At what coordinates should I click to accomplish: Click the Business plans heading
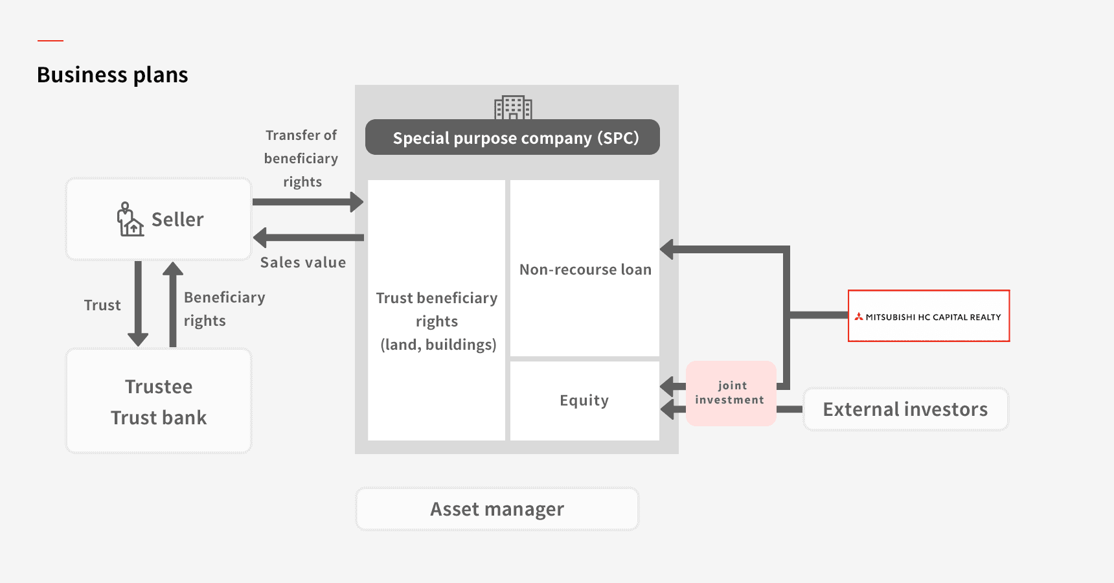tap(112, 75)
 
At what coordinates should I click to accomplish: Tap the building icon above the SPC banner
tap(513, 108)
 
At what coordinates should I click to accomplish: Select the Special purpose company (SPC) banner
tap(512, 137)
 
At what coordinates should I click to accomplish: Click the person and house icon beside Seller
tap(130, 220)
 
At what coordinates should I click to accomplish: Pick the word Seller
tap(177, 220)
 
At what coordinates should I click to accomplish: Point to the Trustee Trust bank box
tap(159, 401)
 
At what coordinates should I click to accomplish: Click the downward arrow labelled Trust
tap(138, 304)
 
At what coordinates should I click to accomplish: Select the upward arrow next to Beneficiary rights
tap(173, 304)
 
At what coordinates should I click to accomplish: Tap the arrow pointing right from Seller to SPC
tap(308, 201)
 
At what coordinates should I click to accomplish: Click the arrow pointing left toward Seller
tap(308, 238)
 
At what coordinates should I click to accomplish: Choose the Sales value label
tap(302, 262)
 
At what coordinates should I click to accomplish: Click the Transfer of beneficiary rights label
tap(301, 159)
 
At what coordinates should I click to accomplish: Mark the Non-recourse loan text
tap(585, 269)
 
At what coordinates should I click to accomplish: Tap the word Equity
tap(584, 400)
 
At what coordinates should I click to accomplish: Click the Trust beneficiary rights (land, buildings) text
tap(437, 321)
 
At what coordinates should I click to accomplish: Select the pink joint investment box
tap(731, 393)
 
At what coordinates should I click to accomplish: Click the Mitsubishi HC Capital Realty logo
tap(928, 316)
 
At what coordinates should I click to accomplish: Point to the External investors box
tap(905, 409)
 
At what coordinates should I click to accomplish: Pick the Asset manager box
tap(497, 509)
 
